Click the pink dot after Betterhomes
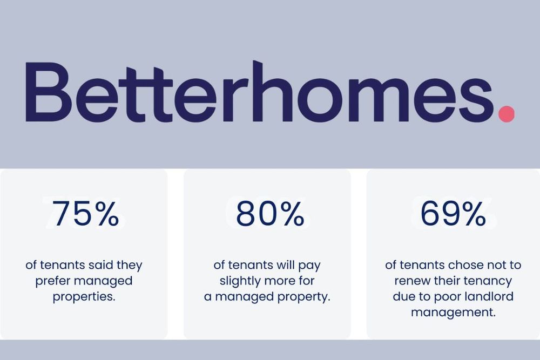point(506,113)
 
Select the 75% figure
point(86,214)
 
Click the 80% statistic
point(270,214)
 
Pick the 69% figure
point(453,214)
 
